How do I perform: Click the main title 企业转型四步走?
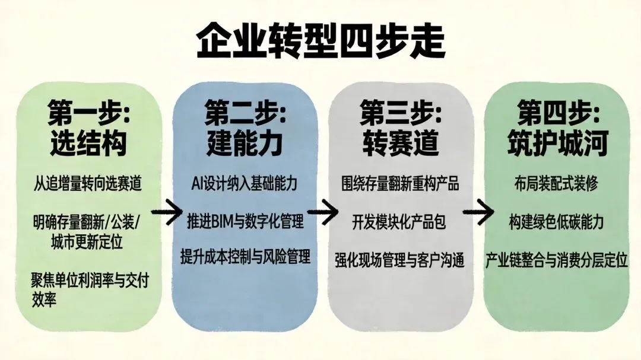(x=320, y=40)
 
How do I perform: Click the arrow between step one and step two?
(x=166, y=211)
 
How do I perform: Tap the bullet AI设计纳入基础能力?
(x=245, y=183)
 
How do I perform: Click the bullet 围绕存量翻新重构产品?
(x=401, y=183)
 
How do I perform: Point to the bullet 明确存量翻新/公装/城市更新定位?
(x=88, y=234)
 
